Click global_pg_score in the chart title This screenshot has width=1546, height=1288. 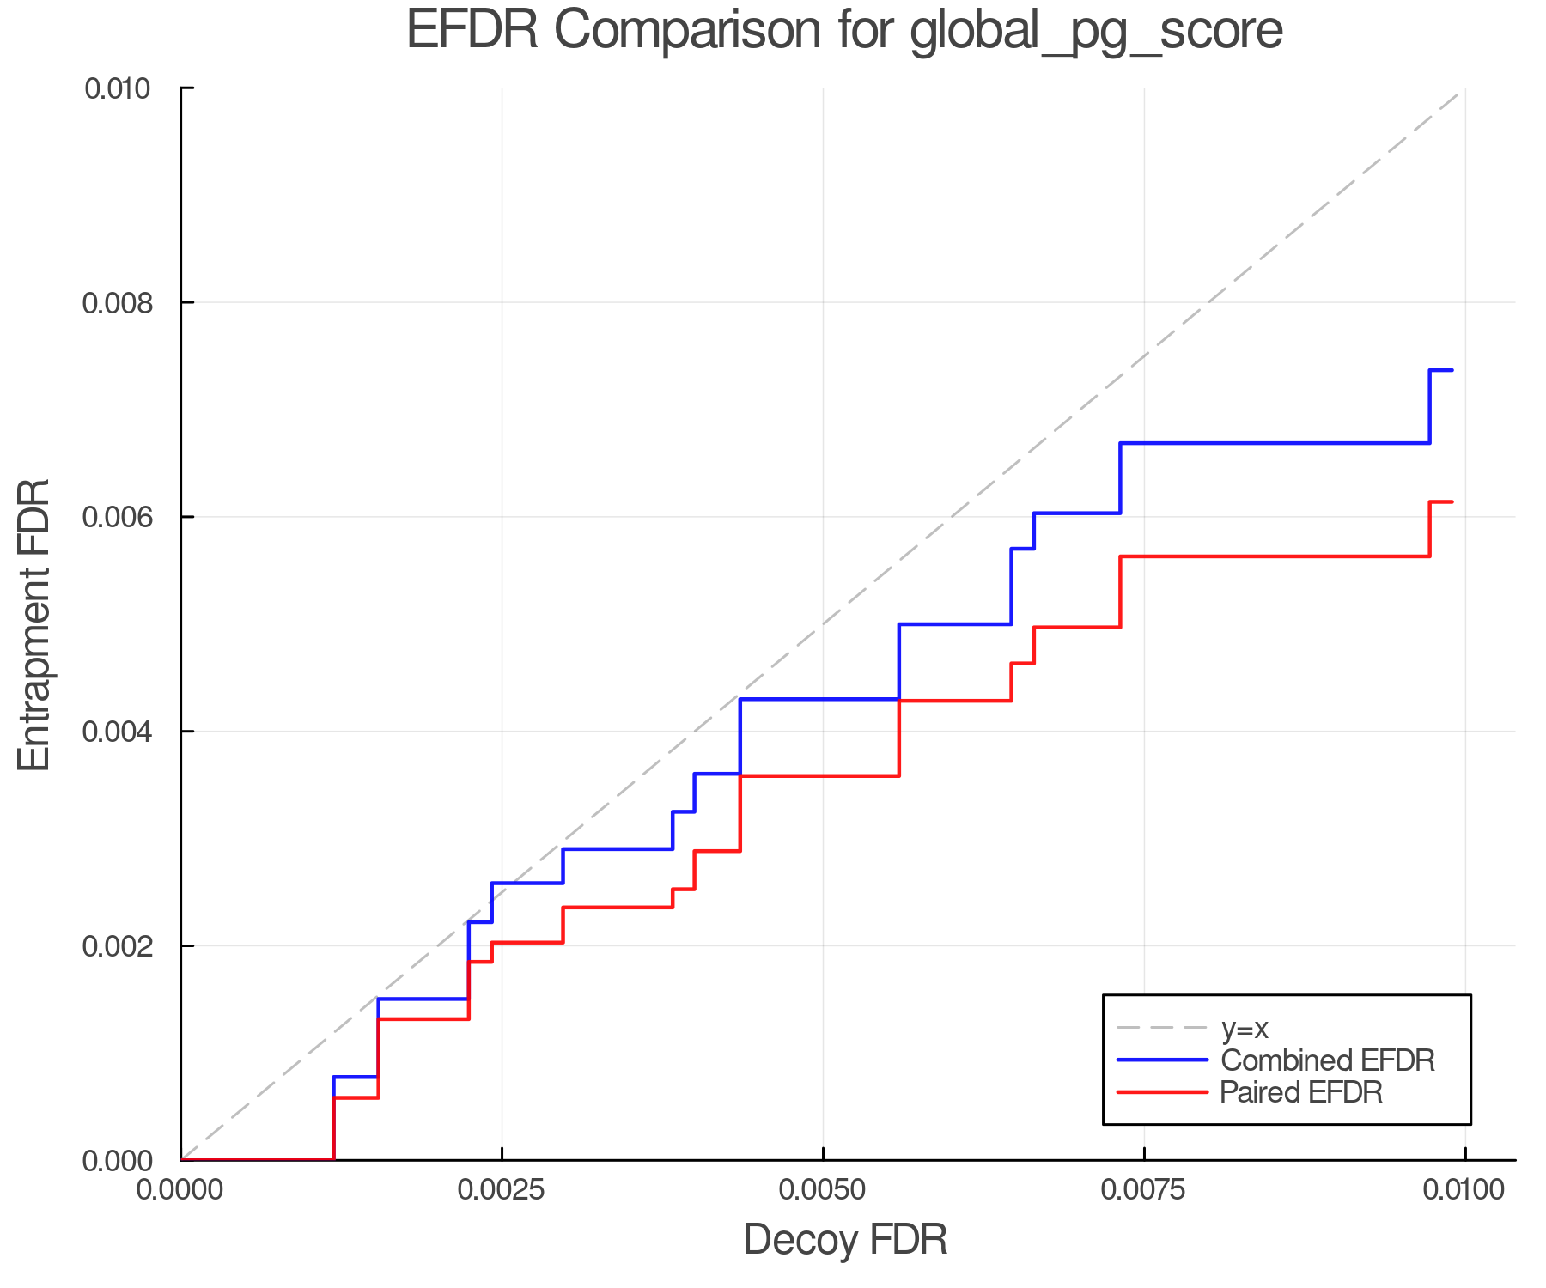(x=1096, y=30)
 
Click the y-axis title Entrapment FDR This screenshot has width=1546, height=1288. (x=34, y=624)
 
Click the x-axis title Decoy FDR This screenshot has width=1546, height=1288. (x=845, y=1240)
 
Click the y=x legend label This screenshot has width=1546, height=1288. (x=1245, y=1028)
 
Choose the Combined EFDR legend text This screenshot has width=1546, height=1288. (x=1328, y=1060)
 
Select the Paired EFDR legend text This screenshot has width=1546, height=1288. (x=1301, y=1092)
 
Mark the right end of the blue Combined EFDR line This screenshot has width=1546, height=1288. (x=1452, y=370)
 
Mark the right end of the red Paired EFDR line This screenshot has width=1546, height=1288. (x=1452, y=501)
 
